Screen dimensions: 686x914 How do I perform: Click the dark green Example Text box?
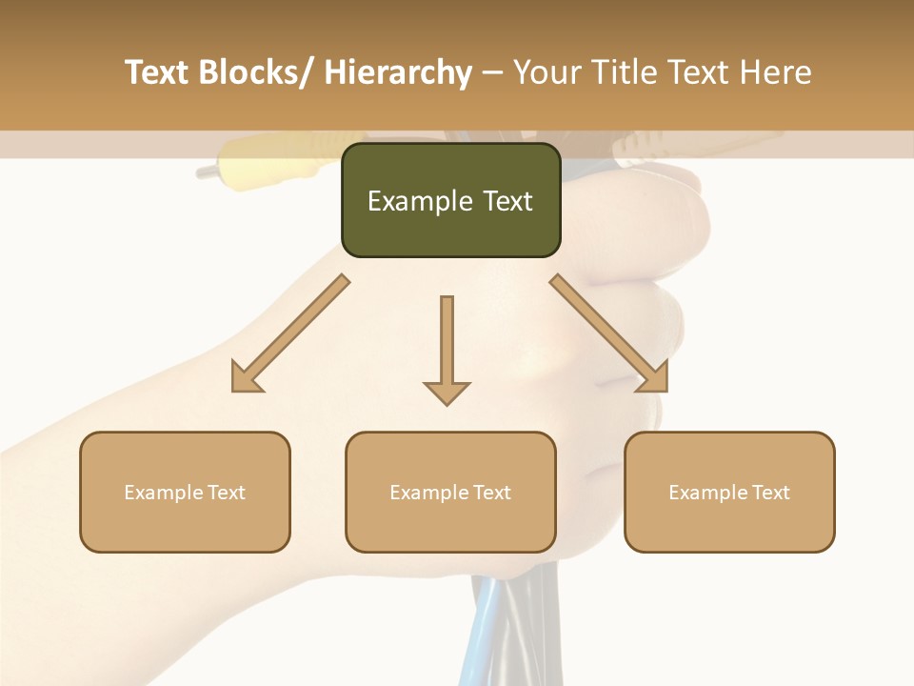coord(450,200)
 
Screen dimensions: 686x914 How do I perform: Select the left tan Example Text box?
coord(185,492)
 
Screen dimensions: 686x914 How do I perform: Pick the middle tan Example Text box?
coord(450,492)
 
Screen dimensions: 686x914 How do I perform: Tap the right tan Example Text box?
coord(729,492)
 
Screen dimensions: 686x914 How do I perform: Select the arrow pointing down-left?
coord(290,333)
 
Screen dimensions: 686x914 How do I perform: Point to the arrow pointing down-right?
coord(609,333)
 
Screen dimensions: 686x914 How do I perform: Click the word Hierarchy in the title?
coord(398,72)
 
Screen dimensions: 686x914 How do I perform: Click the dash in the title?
coord(492,73)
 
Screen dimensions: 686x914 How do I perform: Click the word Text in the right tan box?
coord(769,493)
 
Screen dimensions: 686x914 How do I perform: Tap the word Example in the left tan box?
coord(164,493)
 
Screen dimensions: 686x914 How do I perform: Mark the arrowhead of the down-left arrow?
coord(246,378)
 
